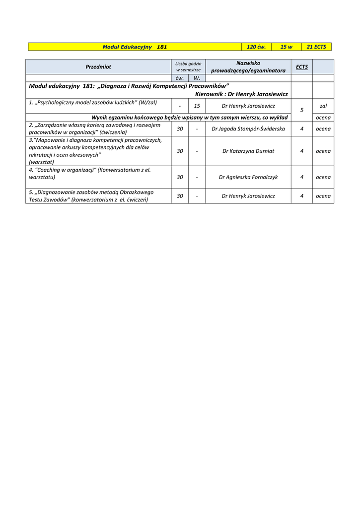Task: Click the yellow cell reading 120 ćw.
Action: point(256,47)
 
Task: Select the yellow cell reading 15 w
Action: point(286,47)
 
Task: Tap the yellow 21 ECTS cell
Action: point(316,47)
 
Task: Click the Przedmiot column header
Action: point(98,66)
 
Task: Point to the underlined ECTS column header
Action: point(301,66)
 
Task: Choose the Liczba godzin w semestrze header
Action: point(188,66)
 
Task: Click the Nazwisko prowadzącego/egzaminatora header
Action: point(248,66)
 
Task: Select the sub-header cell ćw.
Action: point(180,78)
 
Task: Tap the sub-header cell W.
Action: point(197,78)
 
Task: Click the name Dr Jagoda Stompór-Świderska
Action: point(248,129)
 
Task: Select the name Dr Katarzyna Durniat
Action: point(248,151)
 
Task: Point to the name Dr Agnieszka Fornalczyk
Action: point(248,177)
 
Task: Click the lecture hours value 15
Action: point(197,106)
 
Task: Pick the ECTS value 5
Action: point(302,110)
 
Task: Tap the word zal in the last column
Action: point(323,106)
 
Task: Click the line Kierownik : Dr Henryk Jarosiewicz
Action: point(241,94)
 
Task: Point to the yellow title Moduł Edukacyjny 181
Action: point(135,47)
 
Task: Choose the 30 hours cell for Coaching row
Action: point(180,177)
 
